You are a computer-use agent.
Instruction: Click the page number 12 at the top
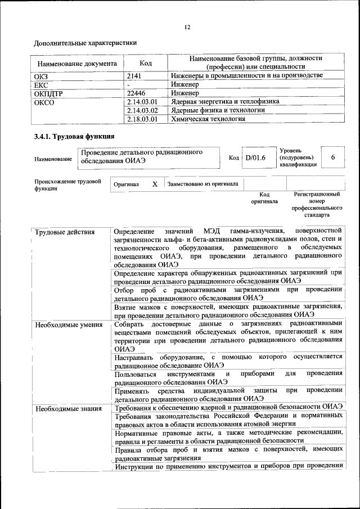click(187, 27)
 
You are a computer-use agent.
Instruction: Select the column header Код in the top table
click(145, 63)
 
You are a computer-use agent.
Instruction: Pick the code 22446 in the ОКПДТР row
click(137, 93)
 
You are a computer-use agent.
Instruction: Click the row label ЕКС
click(42, 84)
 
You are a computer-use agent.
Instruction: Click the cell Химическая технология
click(208, 119)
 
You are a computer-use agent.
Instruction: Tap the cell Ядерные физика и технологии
click(217, 110)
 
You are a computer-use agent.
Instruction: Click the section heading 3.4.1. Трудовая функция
click(74, 136)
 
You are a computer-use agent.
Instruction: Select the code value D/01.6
click(255, 159)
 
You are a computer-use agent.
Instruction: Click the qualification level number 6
click(333, 158)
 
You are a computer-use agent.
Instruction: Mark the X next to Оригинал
click(155, 184)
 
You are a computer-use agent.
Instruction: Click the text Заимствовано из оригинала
click(202, 184)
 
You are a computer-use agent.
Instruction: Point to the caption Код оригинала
click(264, 198)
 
